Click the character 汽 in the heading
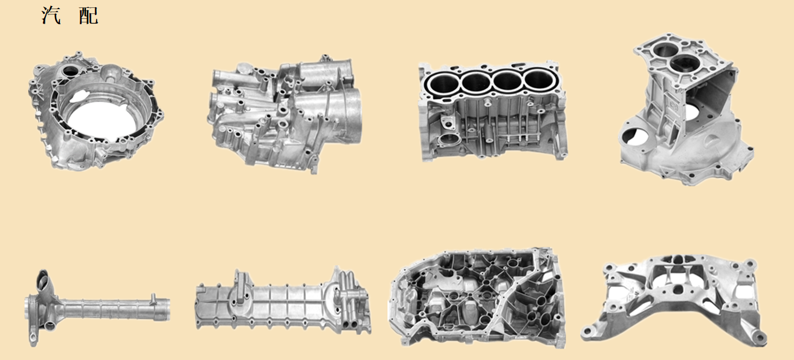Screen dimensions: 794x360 [x=51, y=16]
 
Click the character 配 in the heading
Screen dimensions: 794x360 [x=88, y=16]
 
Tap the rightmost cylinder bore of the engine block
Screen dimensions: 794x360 [x=539, y=80]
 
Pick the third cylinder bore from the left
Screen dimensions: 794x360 [x=507, y=81]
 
